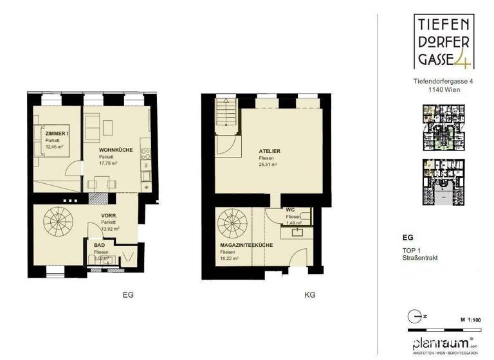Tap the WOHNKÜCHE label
click(116, 150)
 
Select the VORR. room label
click(107, 216)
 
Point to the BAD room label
click(98, 245)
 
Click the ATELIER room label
click(264, 151)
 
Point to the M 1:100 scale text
click(472, 319)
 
